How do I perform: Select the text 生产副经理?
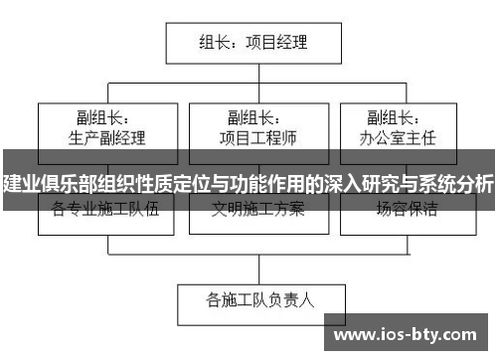point(105,136)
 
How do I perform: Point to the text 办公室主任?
point(398,136)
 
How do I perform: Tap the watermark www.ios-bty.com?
point(410,337)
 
